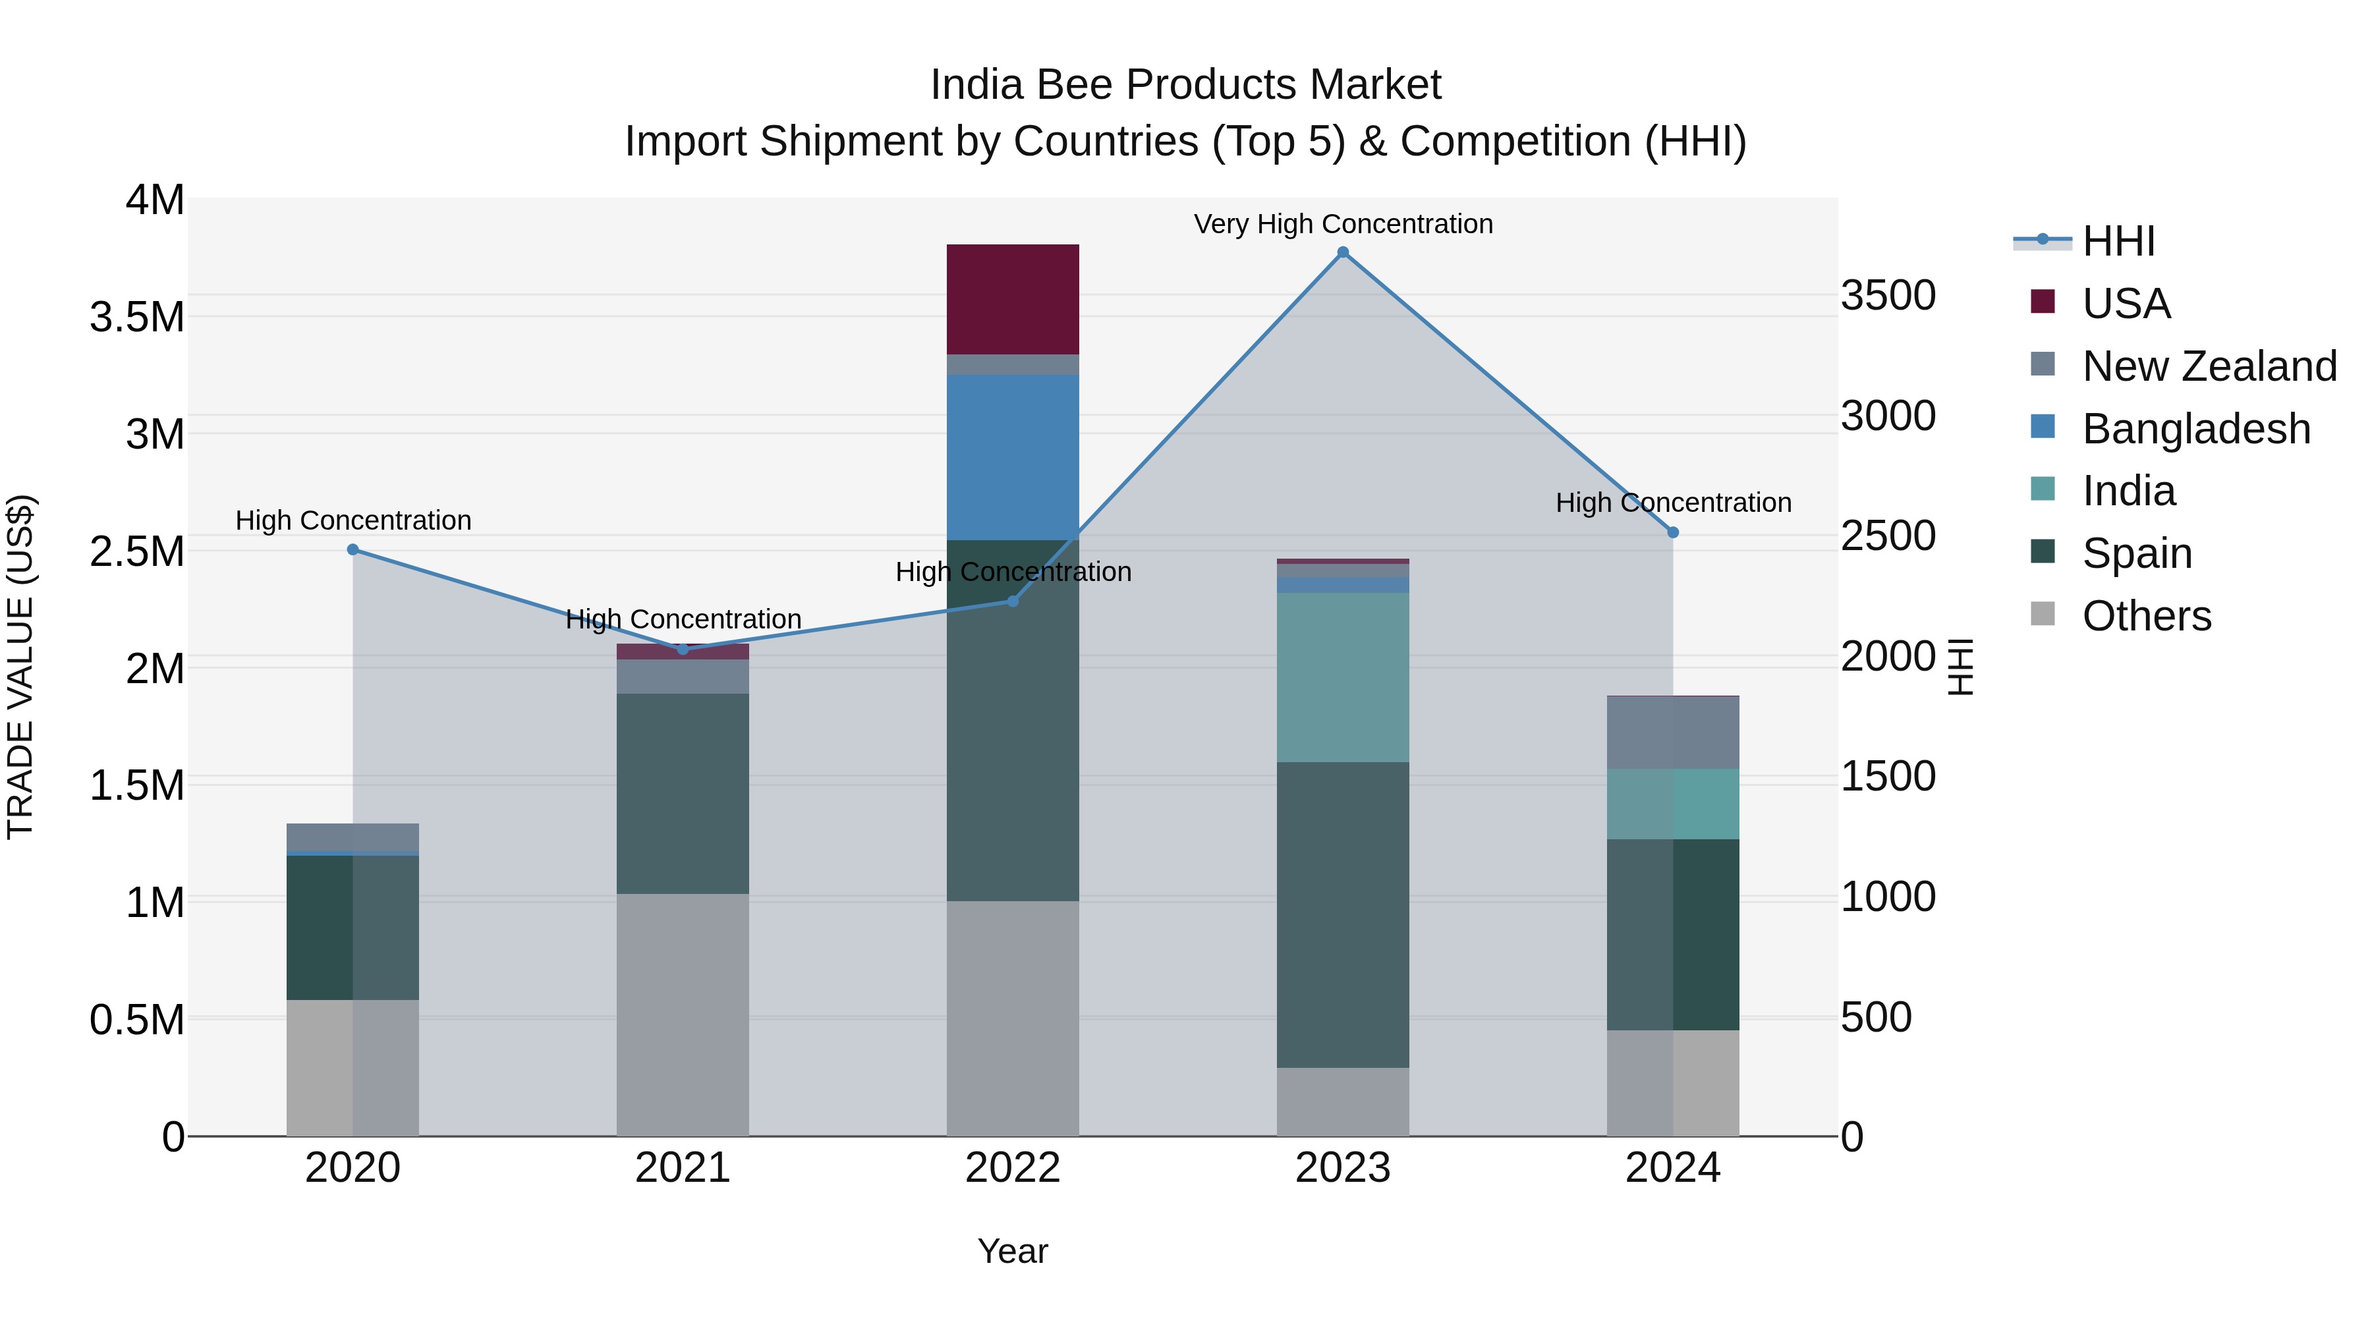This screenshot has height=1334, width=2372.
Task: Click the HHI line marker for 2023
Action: pyautogui.click(x=1343, y=252)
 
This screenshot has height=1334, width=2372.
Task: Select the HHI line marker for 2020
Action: pyautogui.click(x=353, y=549)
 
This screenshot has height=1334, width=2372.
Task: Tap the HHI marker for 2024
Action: pyautogui.click(x=1673, y=532)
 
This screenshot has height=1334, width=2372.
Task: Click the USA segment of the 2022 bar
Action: pyautogui.click(x=1013, y=299)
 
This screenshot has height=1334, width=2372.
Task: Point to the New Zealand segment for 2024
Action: pyautogui.click(x=1673, y=733)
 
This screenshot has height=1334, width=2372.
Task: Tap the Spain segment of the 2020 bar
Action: pyautogui.click(x=353, y=927)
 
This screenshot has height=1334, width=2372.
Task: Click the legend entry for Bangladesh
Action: pyautogui.click(x=2195, y=429)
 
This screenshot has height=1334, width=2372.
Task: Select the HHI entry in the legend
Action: pyautogui.click(x=2118, y=241)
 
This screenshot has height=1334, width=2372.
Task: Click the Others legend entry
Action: pyautogui.click(x=2145, y=616)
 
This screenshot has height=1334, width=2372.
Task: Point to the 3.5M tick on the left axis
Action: pyautogui.click(x=136, y=318)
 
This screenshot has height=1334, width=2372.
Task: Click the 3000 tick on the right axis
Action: pyautogui.click(x=1888, y=416)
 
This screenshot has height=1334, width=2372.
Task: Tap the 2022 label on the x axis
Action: pyautogui.click(x=1013, y=1168)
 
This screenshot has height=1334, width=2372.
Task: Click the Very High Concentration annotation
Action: pyautogui.click(x=1343, y=224)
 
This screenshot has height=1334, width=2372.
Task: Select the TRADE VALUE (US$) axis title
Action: pyautogui.click(x=20, y=667)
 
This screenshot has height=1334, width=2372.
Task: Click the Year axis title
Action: pyautogui.click(x=1013, y=1251)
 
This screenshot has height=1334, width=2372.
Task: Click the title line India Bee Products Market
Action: pyautogui.click(x=1185, y=85)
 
